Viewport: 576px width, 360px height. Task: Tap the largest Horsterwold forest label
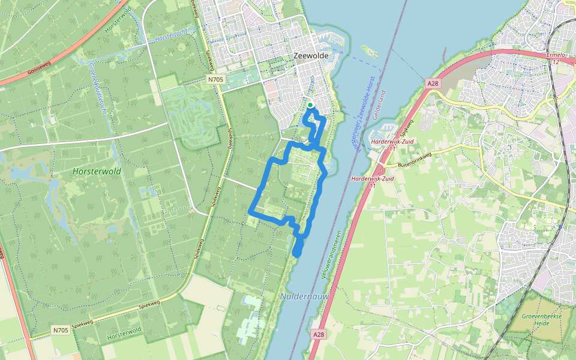click(97, 172)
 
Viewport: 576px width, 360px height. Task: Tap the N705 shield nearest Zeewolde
click(216, 79)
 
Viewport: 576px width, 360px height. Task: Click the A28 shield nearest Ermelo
click(433, 84)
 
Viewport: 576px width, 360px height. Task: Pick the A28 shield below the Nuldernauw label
click(319, 334)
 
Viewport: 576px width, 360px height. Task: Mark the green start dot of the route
click(310, 106)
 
